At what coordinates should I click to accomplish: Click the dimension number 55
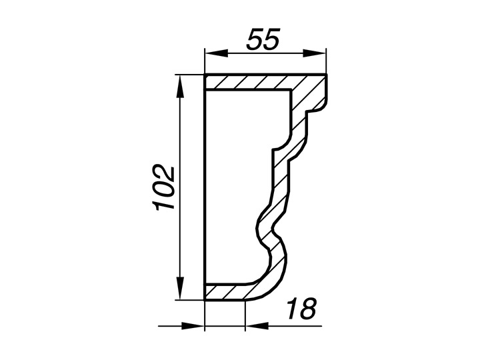(x=263, y=39)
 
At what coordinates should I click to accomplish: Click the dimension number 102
(x=164, y=187)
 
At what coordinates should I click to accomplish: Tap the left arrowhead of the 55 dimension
(x=217, y=53)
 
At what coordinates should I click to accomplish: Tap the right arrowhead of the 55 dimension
(x=315, y=53)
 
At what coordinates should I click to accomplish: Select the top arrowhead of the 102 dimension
(x=181, y=87)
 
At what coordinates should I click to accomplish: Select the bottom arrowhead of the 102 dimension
(x=181, y=288)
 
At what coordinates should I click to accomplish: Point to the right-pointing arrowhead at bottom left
(x=193, y=326)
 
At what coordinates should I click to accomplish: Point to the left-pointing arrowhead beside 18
(x=257, y=326)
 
